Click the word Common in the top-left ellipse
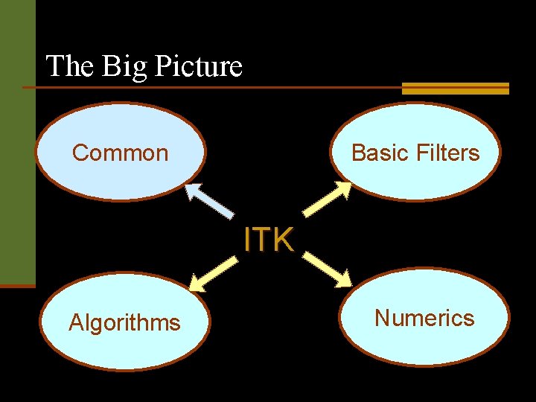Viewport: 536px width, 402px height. coord(120,153)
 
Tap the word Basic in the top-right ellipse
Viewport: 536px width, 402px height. coord(378,153)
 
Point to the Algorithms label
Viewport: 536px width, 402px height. coord(124,323)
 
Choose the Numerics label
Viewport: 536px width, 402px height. coord(424,319)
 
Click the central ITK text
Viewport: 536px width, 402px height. coord(269,240)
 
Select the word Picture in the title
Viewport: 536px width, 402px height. coord(197,66)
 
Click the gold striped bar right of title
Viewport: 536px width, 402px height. coord(455,89)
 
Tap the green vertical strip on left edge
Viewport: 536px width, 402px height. coord(17,141)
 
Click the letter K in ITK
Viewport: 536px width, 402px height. coord(284,240)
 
